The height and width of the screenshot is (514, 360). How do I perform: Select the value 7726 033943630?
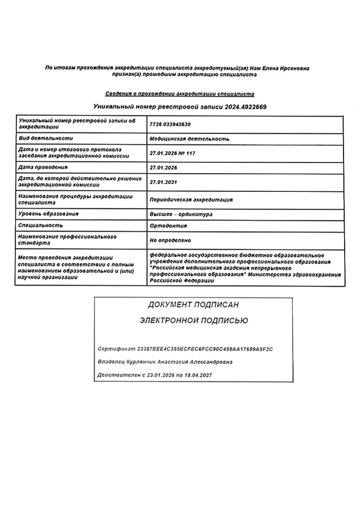click(172, 124)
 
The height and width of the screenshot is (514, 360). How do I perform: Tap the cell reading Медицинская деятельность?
click(189, 139)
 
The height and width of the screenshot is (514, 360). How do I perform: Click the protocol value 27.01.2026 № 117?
click(172, 153)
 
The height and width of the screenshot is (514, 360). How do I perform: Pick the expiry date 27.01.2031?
click(163, 181)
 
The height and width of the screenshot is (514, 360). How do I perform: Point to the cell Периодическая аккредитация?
click(191, 199)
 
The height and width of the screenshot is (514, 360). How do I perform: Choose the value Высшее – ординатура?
click(181, 214)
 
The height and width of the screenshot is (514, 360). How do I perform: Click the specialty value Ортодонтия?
click(168, 226)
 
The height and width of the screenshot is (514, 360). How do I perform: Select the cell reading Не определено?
click(170, 240)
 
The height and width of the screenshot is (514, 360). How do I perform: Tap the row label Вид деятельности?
click(45, 138)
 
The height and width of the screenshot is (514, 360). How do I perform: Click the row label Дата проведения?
click(43, 167)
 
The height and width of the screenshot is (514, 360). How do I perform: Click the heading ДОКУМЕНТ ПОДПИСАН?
click(193, 305)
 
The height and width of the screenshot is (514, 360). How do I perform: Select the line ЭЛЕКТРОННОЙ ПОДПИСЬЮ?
click(193, 321)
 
